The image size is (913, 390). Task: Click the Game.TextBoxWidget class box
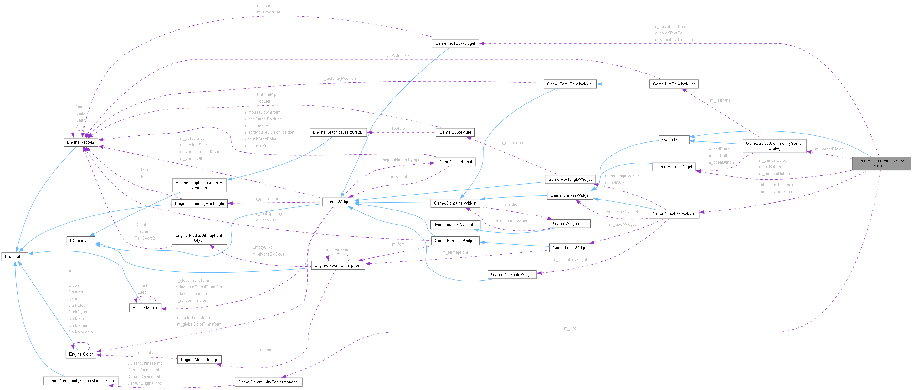[x=455, y=43]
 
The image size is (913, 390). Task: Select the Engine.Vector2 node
[x=80, y=142]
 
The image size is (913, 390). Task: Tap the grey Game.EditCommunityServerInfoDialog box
[x=881, y=163]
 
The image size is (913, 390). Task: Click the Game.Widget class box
[x=338, y=202]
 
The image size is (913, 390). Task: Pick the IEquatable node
[x=14, y=256]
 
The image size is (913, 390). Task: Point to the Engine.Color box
[x=81, y=354]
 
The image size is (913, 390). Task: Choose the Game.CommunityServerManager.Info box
[x=80, y=381]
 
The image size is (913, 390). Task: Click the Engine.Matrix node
[x=145, y=308]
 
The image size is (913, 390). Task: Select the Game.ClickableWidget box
[x=512, y=275]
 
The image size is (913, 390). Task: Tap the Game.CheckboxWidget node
[x=674, y=214]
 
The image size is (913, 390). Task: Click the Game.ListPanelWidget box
[x=674, y=84]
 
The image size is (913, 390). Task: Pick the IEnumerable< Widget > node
[x=455, y=225]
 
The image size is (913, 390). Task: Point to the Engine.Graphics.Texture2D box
[x=338, y=132]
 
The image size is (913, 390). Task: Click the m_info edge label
[x=570, y=328]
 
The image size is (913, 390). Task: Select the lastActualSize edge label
[x=398, y=56]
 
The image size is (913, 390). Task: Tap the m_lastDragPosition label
[x=337, y=78]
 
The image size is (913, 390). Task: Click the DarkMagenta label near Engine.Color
[x=80, y=332]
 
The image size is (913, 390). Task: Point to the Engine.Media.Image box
[x=199, y=360]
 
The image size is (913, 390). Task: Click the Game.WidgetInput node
[x=455, y=162]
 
